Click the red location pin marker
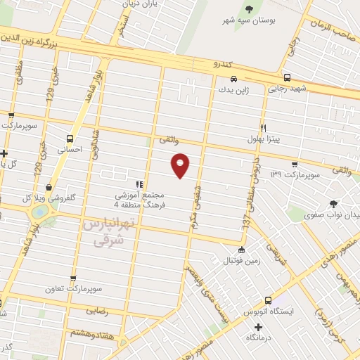[x=181, y=165]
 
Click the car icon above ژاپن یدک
[x=233, y=79]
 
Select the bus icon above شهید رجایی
[x=287, y=77]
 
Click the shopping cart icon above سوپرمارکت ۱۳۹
[x=295, y=163]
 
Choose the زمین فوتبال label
[x=242, y=262]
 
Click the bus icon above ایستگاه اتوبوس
[x=267, y=300]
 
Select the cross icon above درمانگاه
[x=259, y=327]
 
